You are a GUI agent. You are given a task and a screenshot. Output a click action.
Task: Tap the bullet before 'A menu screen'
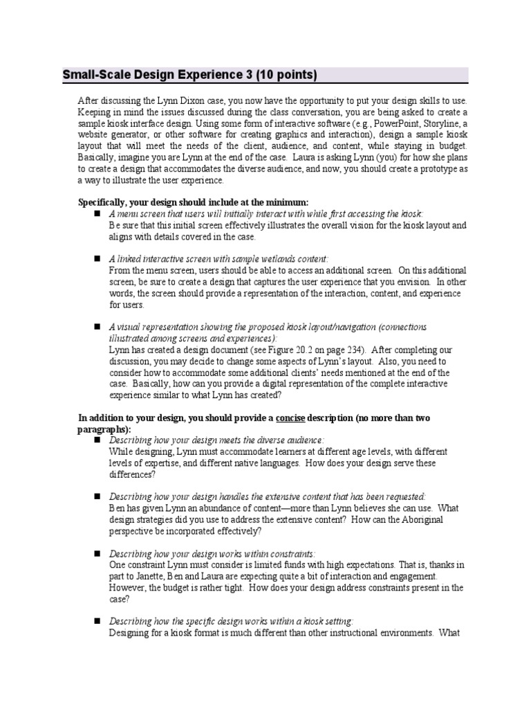coord(97,214)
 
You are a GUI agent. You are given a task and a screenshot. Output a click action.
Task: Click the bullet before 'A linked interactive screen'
coord(97,258)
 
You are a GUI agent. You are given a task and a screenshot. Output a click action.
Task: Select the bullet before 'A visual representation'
coord(97,326)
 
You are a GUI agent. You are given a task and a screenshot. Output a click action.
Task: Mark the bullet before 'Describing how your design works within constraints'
coord(97,553)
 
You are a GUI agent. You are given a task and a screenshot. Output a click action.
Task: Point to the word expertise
coord(176,463)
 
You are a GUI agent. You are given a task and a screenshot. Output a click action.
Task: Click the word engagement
coord(407,575)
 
